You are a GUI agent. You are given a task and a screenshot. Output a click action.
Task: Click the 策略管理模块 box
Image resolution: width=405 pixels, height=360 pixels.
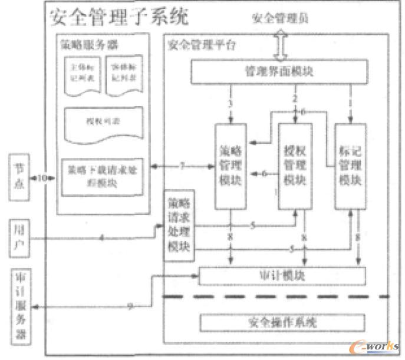click(231, 166)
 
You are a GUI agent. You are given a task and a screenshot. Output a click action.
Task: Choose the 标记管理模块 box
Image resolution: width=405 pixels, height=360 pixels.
click(350, 166)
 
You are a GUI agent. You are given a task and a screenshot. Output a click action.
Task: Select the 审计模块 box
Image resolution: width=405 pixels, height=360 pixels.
click(282, 276)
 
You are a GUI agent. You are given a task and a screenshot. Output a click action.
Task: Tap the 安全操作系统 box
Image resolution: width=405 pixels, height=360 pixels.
click(282, 323)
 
